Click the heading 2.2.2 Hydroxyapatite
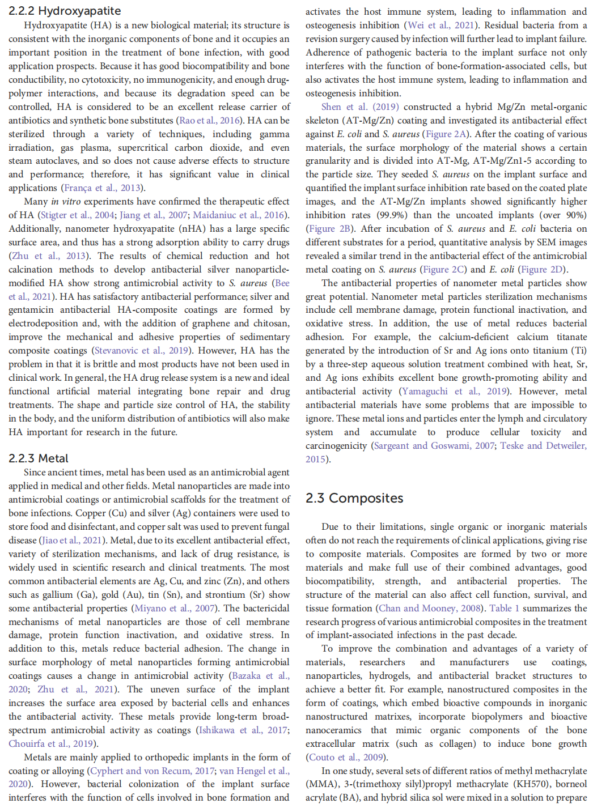65,11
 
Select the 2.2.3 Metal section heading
38,458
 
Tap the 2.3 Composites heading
354,498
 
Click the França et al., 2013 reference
101,188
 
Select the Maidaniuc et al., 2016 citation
239,215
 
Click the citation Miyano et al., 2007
174,609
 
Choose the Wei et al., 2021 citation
440,25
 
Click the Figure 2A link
446,134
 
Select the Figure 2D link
542,270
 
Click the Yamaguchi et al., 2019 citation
454,392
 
